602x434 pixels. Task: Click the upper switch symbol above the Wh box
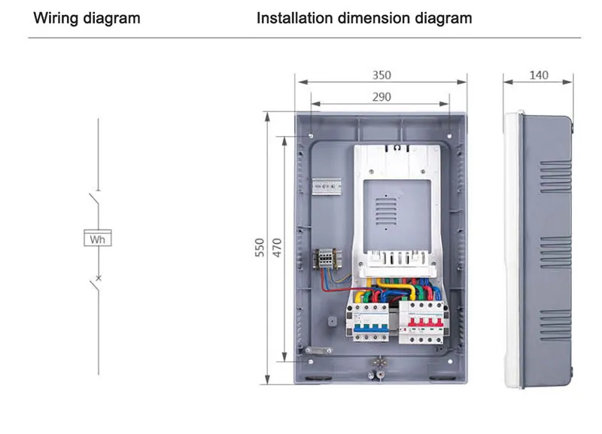click(93, 203)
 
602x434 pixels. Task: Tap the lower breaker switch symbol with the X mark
click(94, 283)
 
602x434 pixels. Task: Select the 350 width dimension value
click(382, 75)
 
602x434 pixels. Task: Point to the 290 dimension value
click(382, 96)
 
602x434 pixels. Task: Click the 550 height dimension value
click(259, 247)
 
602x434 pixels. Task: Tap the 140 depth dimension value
click(539, 75)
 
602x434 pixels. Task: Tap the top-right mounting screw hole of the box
click(450, 135)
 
